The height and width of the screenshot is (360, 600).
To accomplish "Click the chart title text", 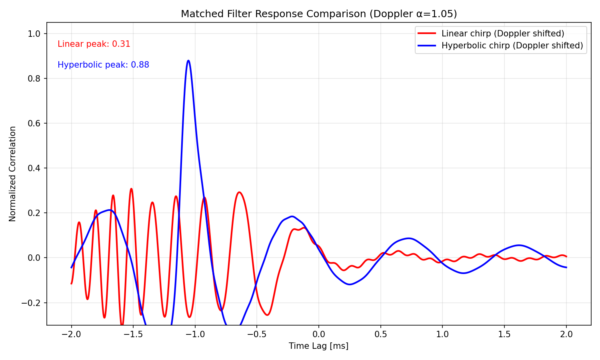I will click(x=319, y=14).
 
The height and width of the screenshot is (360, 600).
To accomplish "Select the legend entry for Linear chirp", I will click(x=503, y=33).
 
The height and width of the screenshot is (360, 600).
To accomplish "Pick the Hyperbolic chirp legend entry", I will click(x=512, y=46).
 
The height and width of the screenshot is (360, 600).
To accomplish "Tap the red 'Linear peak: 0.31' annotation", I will click(x=94, y=44).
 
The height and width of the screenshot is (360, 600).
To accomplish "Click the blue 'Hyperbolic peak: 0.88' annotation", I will click(x=103, y=65).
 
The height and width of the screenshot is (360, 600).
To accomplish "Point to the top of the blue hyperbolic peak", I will click(x=188, y=60).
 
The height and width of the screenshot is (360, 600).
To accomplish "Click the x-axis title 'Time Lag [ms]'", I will click(x=319, y=346).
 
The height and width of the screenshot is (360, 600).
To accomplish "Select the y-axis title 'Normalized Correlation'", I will click(x=13, y=174).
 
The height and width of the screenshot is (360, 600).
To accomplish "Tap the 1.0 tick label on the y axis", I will click(x=35, y=34).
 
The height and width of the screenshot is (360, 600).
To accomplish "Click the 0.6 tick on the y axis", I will click(x=35, y=123).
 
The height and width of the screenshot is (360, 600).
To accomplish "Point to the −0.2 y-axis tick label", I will click(x=32, y=303).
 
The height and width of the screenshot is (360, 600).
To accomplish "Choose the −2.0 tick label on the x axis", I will click(x=71, y=334).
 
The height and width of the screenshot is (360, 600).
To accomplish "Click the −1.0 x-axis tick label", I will click(x=195, y=334).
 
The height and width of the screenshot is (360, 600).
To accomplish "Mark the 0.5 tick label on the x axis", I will click(x=380, y=334).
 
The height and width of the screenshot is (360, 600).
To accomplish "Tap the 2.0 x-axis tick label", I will click(x=566, y=334).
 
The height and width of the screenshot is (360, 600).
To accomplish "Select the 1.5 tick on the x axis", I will click(x=504, y=334).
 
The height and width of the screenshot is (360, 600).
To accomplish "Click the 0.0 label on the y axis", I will click(x=35, y=258).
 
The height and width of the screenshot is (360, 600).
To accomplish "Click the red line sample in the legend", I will click(x=426, y=33).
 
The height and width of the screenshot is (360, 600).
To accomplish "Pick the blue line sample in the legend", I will click(x=426, y=46).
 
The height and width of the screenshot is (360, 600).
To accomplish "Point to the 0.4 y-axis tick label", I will click(x=35, y=168).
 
